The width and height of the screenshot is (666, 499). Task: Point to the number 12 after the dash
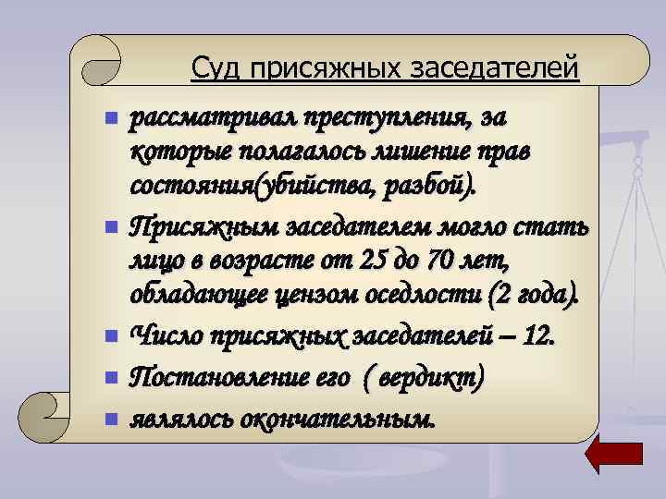537,335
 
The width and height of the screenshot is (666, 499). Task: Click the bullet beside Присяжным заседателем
111,225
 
